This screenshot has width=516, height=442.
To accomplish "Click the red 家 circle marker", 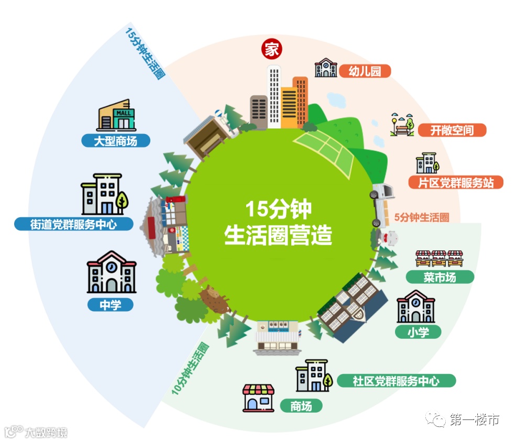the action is coord(271,50).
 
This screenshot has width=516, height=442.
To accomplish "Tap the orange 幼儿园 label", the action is coord(365,71).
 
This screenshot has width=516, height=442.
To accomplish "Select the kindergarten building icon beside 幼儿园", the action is coord(325,68).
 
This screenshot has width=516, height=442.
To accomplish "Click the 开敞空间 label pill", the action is coord(452,130).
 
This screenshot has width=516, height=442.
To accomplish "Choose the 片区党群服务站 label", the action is coord(455,183).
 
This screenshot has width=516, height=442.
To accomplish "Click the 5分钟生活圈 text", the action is coord(421,217).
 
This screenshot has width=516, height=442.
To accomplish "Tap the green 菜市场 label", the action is coord(440,277).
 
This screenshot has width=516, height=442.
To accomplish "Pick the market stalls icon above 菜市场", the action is coord(439,258).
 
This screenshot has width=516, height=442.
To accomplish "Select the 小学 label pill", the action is coord(418,331).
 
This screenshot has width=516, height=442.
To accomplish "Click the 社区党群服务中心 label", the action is coord(396,381).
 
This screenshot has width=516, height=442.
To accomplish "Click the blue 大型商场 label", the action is coord(115,140).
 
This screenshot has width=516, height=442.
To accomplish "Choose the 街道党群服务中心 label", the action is coord(73,224).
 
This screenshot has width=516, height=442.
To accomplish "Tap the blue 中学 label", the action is coord(111,305).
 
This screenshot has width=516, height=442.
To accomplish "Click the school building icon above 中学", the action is coord(111,272).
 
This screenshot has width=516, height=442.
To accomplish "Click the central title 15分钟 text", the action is coord(278,209).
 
